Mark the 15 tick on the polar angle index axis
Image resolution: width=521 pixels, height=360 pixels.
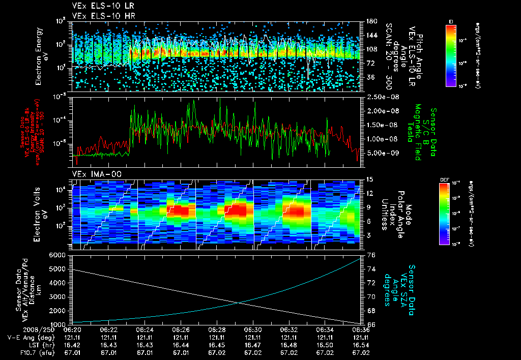click(368, 179)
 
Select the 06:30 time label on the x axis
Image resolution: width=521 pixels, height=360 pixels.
click(253, 329)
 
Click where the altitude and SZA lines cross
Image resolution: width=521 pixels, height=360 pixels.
click(239, 303)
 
